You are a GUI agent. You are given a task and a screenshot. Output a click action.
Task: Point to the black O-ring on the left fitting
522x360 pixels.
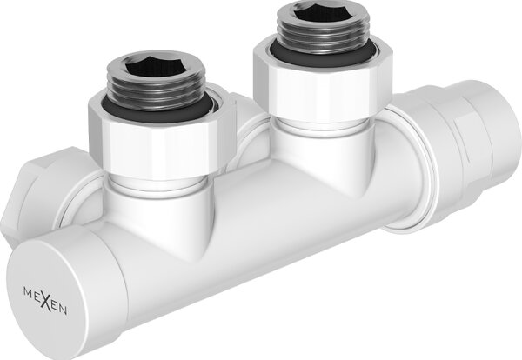pos(157,106)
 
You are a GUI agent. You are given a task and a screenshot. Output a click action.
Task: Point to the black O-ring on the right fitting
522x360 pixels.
pos(322,54)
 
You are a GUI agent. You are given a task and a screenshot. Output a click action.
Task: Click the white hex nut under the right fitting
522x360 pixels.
pos(322,86)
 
